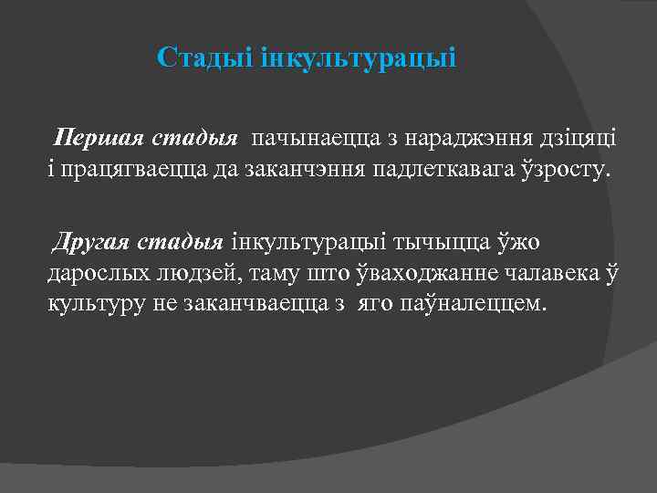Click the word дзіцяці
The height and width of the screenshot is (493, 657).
(580, 139)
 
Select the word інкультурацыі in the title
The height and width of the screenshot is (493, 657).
(352, 58)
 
